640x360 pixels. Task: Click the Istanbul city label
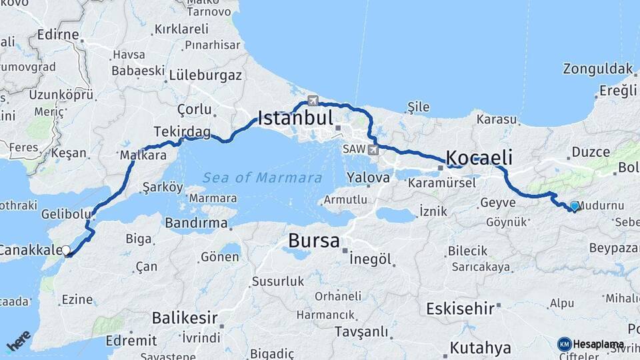click(x=295, y=119)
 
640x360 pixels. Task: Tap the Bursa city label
click(x=313, y=241)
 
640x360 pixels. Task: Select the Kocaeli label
click(x=479, y=158)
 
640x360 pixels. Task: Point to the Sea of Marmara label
click(x=263, y=178)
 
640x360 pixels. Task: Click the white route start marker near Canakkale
click(x=65, y=251)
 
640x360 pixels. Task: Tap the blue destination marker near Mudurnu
click(x=574, y=207)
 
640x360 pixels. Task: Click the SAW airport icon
click(x=372, y=149)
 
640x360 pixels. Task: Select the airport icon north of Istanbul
click(x=313, y=101)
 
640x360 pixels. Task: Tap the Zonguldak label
click(x=597, y=69)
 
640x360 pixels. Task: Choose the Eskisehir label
click(x=460, y=308)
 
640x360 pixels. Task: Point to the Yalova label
click(x=368, y=178)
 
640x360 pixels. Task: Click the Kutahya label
click(x=480, y=347)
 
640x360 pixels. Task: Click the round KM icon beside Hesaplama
click(x=564, y=344)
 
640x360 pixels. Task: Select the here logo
click(x=19, y=341)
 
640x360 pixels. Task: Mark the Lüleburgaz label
click(x=205, y=75)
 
